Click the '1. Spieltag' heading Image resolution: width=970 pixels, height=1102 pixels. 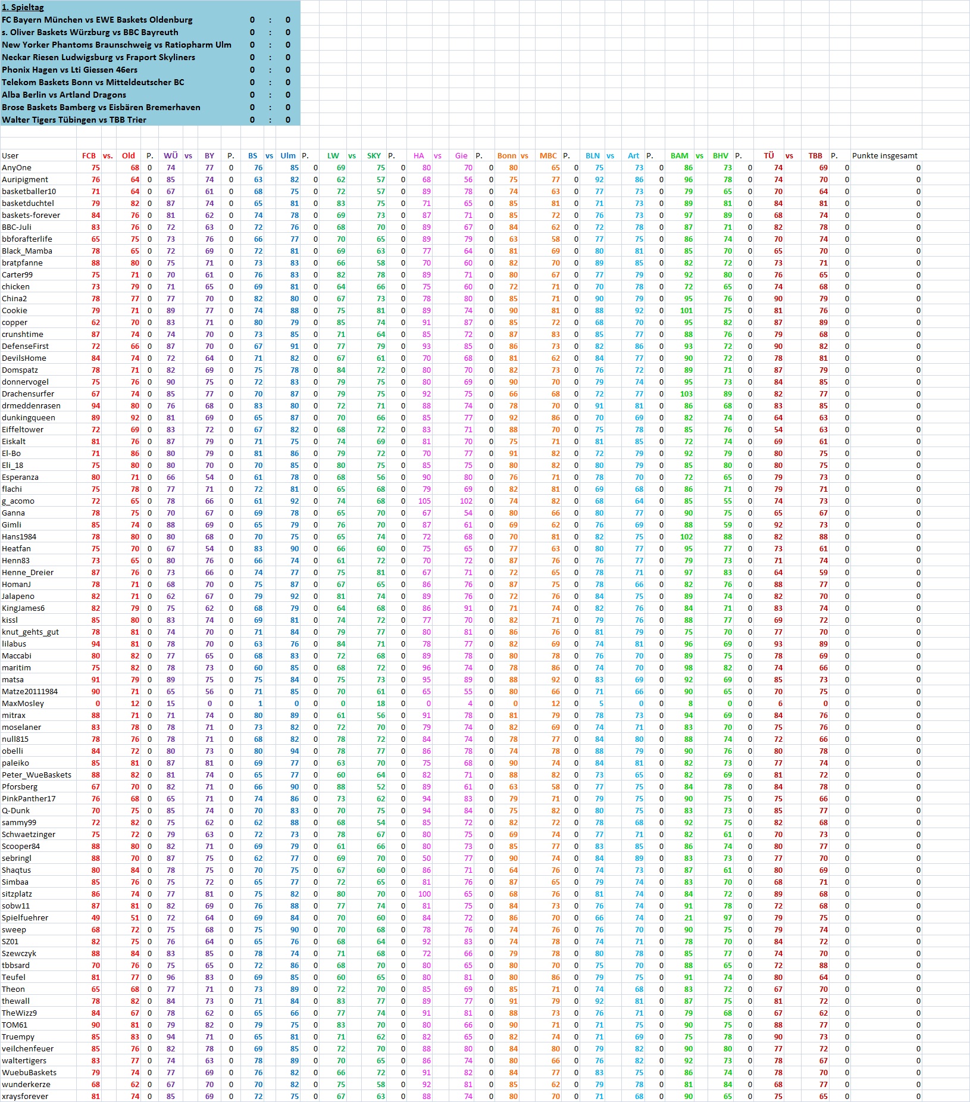[x=23, y=7]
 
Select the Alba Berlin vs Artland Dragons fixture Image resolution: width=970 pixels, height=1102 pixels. [x=64, y=95]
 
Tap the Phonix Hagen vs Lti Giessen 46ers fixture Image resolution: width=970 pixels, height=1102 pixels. [x=70, y=70]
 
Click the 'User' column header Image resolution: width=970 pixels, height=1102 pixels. [x=10, y=156]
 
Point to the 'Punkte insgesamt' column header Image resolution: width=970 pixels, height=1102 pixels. [x=884, y=156]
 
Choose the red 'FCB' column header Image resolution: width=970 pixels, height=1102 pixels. [x=89, y=156]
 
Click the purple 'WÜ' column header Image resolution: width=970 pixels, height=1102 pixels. [x=171, y=156]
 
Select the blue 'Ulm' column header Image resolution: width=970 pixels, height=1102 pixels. [x=288, y=156]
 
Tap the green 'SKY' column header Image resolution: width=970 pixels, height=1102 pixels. [x=374, y=156]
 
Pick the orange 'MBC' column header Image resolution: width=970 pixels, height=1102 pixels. [x=548, y=156]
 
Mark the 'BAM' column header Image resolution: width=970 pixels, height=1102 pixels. [x=679, y=156]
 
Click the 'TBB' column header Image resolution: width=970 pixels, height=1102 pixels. [x=815, y=156]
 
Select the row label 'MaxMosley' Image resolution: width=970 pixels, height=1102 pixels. [x=23, y=704]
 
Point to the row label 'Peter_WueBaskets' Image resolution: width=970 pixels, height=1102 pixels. [x=36, y=775]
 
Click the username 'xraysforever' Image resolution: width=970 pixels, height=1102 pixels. [x=25, y=1097]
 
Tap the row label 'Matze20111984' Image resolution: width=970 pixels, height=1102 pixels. [x=30, y=692]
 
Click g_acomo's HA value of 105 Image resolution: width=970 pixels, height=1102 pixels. [x=424, y=501]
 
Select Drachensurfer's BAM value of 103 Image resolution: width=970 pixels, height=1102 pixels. [x=686, y=394]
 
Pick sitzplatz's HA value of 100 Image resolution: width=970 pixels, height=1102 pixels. [x=424, y=894]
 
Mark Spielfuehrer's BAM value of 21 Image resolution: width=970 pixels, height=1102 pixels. [x=689, y=918]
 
